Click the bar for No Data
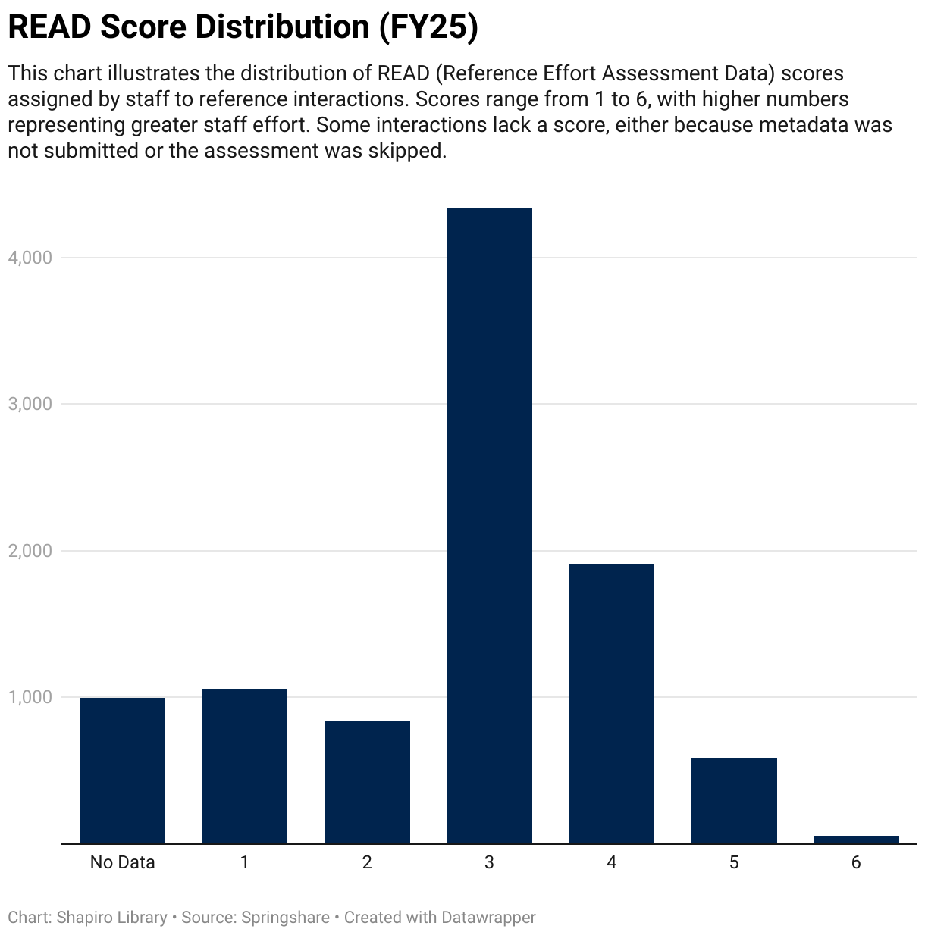[122, 770]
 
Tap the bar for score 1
[244, 765]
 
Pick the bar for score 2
[367, 781]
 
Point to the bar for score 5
[734, 800]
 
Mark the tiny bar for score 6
[856, 840]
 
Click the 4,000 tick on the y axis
[30, 258]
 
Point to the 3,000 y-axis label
[30, 404]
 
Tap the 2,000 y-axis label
[30, 551]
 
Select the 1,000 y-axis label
[30, 697]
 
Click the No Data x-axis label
[122, 862]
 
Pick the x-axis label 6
[856, 862]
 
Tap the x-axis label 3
[489, 862]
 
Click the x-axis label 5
[734, 862]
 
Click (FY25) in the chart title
[428, 27]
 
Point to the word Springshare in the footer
[285, 918]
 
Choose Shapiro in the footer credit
[84, 918]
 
